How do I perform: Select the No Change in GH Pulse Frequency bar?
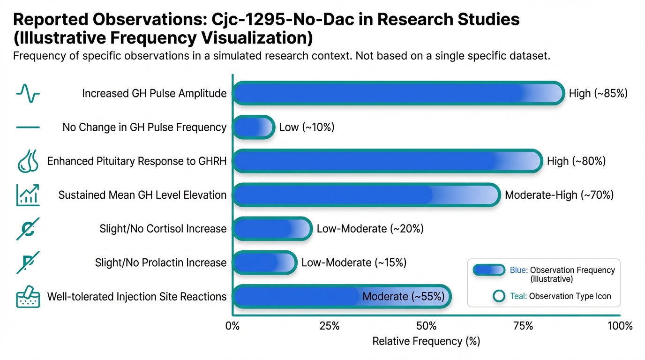point(253,127)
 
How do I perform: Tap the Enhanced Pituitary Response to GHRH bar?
point(387,161)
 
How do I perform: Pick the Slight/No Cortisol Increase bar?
point(272,229)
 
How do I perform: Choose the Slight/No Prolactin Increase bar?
point(264,262)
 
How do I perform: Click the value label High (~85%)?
point(598,93)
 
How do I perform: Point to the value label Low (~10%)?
point(307,127)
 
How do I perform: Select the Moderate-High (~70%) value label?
point(559,195)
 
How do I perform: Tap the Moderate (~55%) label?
point(403,296)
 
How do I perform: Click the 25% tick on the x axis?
point(329,326)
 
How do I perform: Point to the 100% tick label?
point(620,326)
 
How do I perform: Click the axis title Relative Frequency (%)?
point(426,342)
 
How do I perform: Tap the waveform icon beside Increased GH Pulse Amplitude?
point(28,93)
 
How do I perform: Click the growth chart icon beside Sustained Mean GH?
point(28,195)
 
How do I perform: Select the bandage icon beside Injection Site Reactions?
point(28,296)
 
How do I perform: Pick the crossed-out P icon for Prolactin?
point(28,262)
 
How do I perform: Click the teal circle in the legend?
point(500,296)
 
